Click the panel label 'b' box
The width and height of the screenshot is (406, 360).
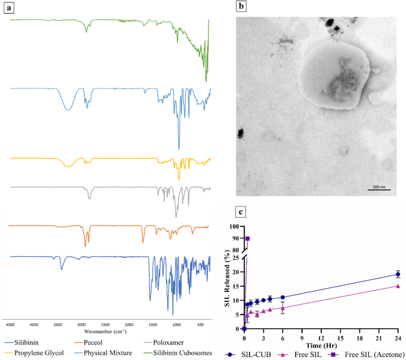[241, 7]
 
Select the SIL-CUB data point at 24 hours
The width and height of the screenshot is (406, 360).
[398, 274]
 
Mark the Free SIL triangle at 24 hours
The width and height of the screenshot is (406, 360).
[398, 286]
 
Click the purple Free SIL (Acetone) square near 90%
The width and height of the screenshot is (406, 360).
[247, 238]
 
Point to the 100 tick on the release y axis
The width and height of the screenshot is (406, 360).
[235, 227]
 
